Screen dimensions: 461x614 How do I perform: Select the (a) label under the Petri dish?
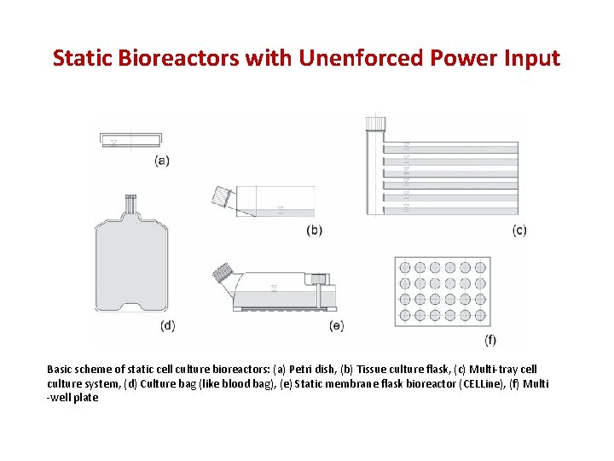[161, 160]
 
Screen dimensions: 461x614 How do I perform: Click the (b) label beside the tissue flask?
[314, 230]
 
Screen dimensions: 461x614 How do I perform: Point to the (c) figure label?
[519, 230]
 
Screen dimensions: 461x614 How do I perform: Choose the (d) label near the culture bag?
[167, 324]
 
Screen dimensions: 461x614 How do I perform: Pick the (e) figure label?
[336, 324]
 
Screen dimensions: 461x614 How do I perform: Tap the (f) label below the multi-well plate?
[490, 340]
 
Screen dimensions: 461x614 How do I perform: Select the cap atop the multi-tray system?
[375, 124]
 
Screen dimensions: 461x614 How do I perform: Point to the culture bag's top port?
[130, 204]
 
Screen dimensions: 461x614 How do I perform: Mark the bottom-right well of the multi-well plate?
[480, 316]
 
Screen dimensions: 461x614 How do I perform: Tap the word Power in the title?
[459, 58]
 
